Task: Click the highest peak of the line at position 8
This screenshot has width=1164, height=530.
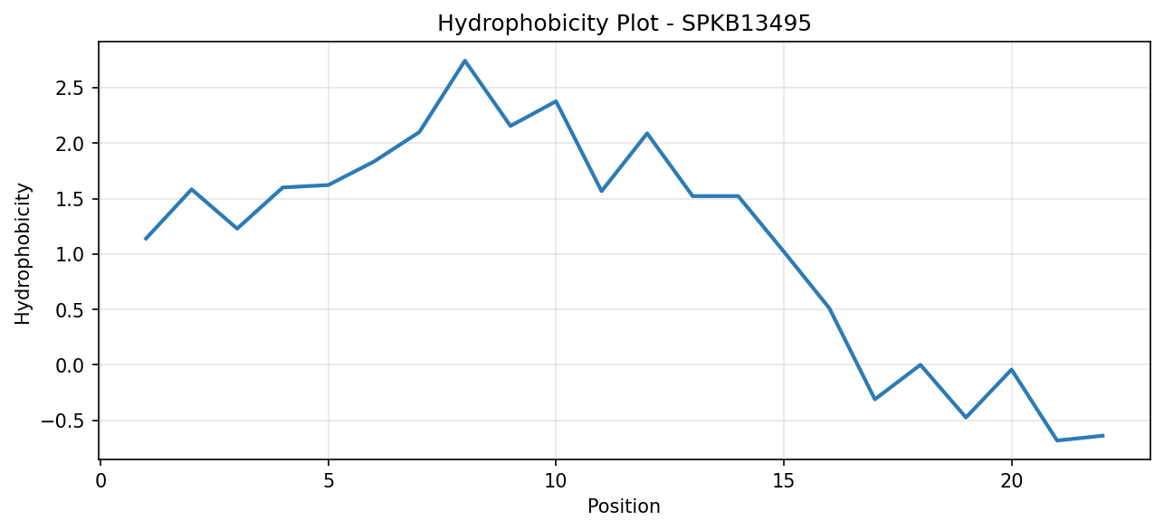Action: (465, 61)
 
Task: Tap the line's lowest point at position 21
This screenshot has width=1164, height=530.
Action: (1057, 440)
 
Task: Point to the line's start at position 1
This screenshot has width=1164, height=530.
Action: (146, 239)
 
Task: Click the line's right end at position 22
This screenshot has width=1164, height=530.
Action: (1102, 436)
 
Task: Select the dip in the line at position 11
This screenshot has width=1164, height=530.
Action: (601, 191)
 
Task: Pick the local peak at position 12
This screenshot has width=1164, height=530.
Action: (647, 134)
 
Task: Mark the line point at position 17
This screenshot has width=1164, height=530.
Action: (874, 399)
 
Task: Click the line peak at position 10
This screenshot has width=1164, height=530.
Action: (556, 101)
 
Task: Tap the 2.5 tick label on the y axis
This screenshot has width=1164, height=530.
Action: (70, 89)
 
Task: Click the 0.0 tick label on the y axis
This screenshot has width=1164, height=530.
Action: (70, 365)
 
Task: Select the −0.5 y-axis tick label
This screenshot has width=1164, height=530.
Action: (62, 421)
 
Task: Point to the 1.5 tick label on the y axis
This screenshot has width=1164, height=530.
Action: (70, 199)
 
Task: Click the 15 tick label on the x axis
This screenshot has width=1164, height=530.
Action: (783, 481)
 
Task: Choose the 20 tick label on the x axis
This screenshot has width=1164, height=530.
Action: (1011, 481)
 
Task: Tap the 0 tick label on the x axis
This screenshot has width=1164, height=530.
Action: (100, 481)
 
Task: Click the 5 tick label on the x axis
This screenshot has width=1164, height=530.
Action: (328, 481)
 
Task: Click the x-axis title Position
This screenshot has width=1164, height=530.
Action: (624, 506)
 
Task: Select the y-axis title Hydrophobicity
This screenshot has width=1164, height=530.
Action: (23, 254)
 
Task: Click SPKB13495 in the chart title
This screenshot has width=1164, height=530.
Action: (746, 24)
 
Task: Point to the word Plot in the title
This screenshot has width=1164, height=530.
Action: (635, 24)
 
